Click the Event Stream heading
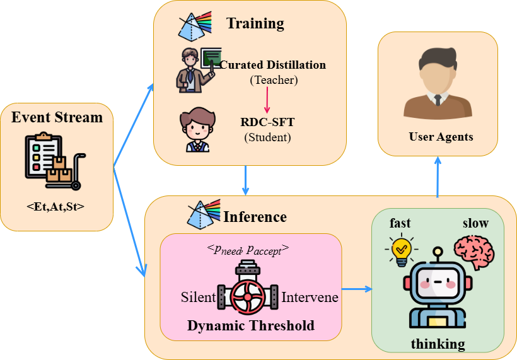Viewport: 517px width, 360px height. tap(57, 117)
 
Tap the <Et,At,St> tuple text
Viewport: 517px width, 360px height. tap(57, 206)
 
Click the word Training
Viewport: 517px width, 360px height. tap(255, 24)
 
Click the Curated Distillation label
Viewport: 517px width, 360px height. tap(273, 65)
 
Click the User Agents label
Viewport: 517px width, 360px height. tap(440, 137)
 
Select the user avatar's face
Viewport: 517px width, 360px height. tap(438, 73)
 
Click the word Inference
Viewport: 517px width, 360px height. tap(255, 217)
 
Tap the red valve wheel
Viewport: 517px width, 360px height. tap(248, 297)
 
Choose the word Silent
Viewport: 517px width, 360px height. tap(198, 297)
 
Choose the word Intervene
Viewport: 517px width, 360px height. tap(310, 297)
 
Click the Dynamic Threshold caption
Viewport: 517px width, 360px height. tap(250, 325)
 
